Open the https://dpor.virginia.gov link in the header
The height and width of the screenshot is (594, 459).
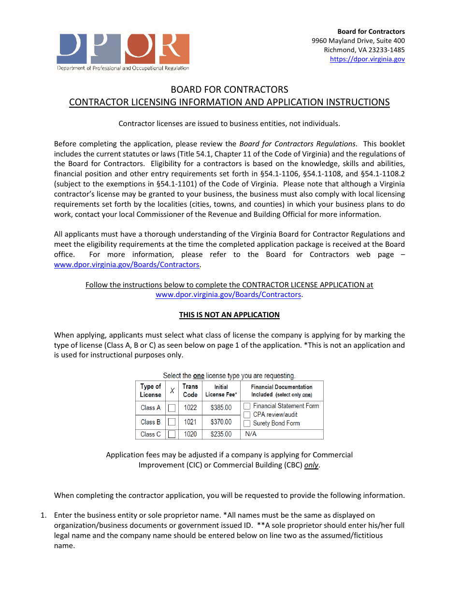pyautogui.click(x=367, y=59)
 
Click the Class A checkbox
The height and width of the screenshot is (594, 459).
pyautogui.click(x=172, y=408)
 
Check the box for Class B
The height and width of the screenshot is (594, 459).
pyautogui.click(x=172, y=422)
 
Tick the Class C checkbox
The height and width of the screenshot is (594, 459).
pyautogui.click(x=172, y=434)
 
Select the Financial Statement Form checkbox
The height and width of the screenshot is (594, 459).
pyautogui.click(x=247, y=406)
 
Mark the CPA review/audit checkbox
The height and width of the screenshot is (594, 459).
pyautogui.click(x=247, y=415)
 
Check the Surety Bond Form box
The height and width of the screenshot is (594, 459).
pyautogui.click(x=247, y=424)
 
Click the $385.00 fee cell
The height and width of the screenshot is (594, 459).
pyautogui.click(x=221, y=408)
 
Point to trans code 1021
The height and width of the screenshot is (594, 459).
pyautogui.click(x=190, y=422)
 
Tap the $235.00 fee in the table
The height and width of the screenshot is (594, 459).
pyautogui.click(x=221, y=434)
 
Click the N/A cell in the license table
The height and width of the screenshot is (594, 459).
pyautogui.click(x=251, y=434)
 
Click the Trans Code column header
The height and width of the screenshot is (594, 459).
pyautogui.click(x=190, y=390)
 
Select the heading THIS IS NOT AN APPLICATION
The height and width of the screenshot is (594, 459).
pyautogui.click(x=229, y=315)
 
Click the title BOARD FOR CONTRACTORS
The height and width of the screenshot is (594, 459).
pyautogui.click(x=229, y=89)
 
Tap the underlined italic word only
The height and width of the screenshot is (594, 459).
pyautogui.click(x=311, y=465)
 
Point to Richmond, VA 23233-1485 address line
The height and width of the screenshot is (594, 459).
pyautogui.click(x=364, y=50)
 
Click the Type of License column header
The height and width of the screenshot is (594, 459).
pyautogui.click(x=150, y=390)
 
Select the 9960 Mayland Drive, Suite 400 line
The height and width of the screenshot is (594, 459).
pyautogui.click(x=358, y=41)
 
